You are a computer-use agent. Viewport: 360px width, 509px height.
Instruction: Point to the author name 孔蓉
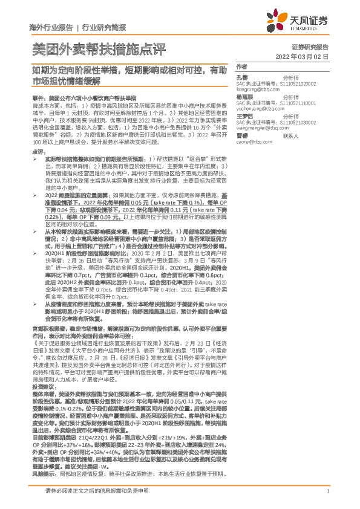point(241,78)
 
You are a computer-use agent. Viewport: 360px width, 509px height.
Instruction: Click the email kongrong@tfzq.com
point(257,88)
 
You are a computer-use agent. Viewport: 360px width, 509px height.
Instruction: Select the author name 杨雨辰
point(244,96)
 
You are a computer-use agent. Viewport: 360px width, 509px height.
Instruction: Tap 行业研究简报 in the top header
point(103,27)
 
